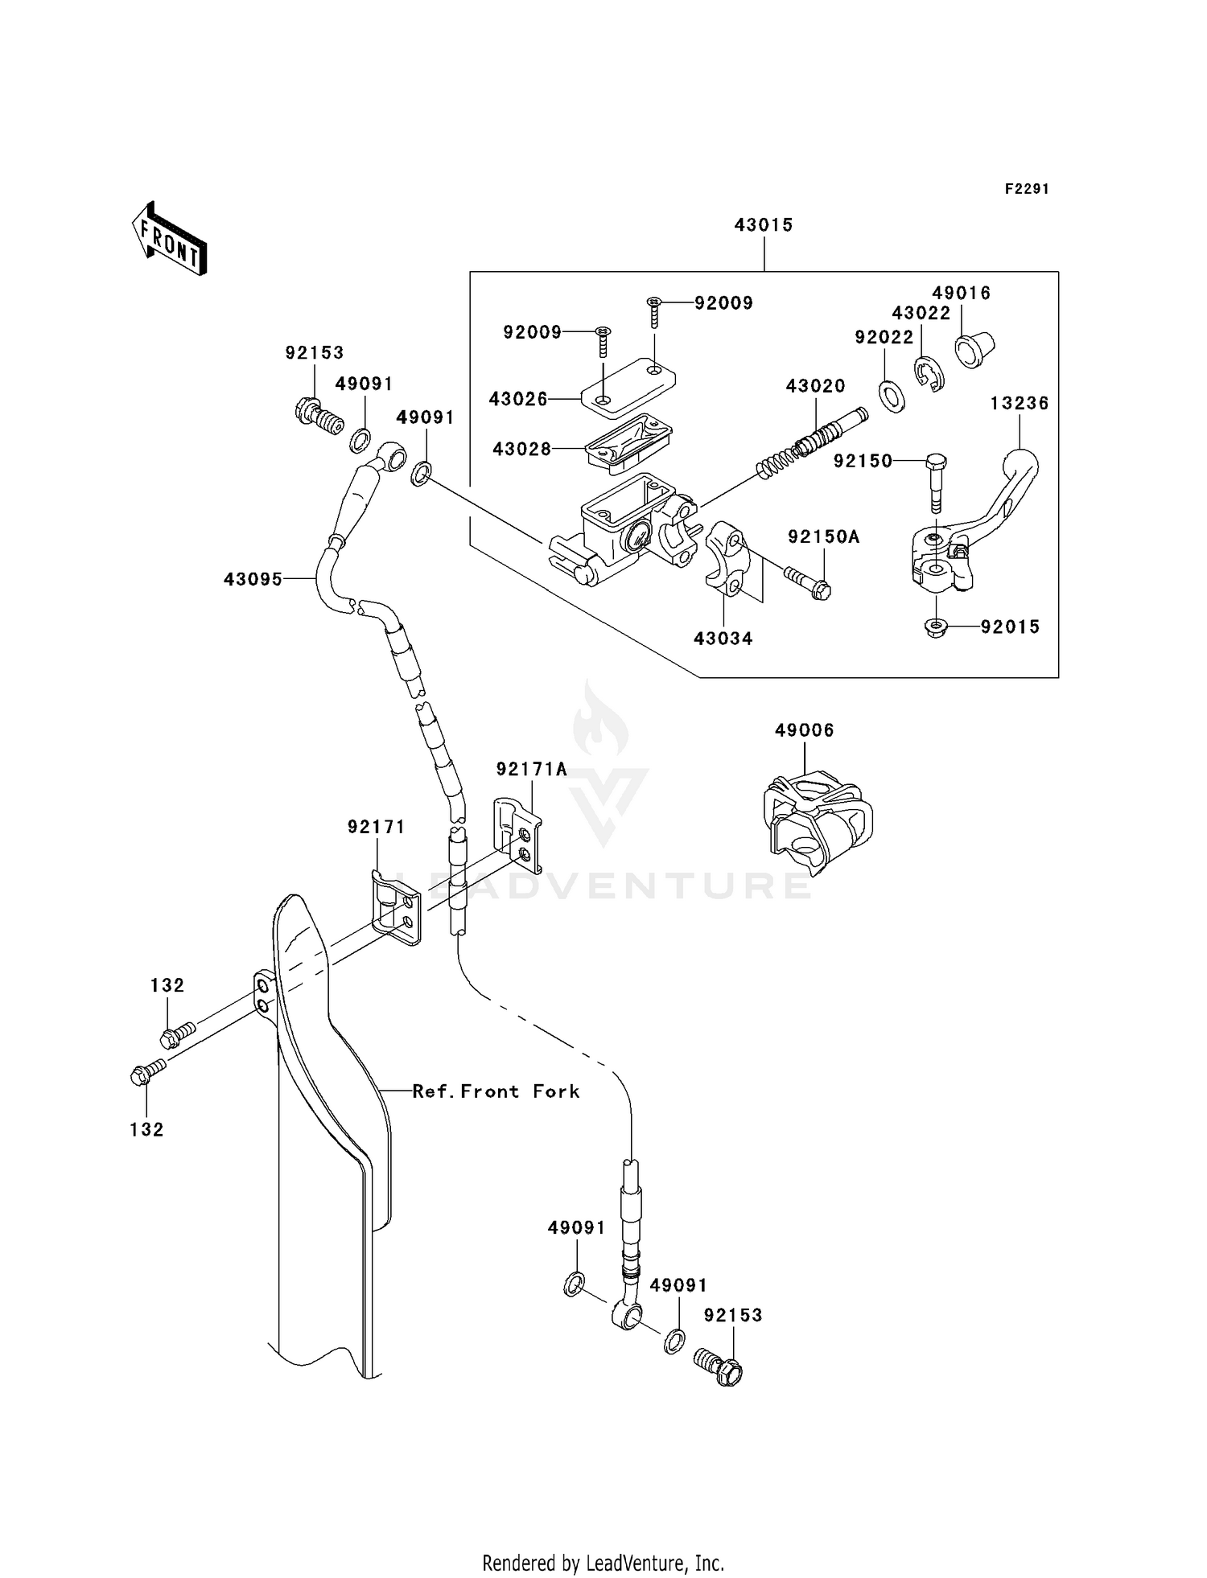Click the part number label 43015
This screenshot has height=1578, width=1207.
click(763, 225)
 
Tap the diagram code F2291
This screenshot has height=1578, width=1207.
click(1027, 189)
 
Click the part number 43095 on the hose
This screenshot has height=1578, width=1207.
click(253, 578)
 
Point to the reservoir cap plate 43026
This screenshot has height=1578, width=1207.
click(628, 390)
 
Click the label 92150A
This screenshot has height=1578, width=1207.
click(823, 536)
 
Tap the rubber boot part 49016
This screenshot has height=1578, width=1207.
click(974, 349)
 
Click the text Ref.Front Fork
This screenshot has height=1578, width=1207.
click(496, 1091)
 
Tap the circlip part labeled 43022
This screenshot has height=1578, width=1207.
click(930, 374)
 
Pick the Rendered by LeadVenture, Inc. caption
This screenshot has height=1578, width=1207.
click(603, 1564)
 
